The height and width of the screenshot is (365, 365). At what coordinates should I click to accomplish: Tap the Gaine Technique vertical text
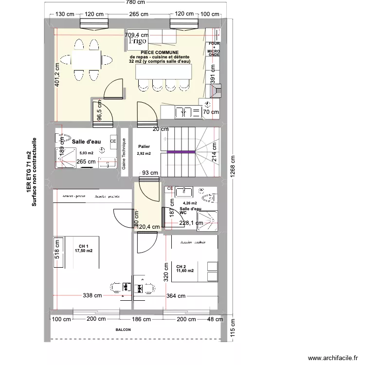pos(124,154)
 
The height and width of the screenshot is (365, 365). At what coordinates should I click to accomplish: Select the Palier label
pos(144,146)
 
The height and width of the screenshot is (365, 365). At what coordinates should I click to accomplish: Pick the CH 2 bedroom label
pos(181,266)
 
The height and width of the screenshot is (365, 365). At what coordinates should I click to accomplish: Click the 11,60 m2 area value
pos(185,271)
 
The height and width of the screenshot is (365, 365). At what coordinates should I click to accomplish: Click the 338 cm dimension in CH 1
pos(92,295)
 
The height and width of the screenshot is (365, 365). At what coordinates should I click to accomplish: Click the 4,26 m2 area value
pos(189,203)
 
